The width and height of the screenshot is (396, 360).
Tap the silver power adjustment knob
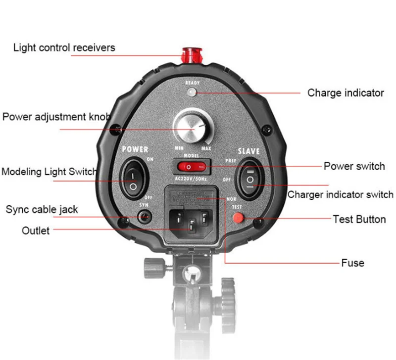point(191,127)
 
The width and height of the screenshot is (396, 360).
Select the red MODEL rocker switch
point(191,168)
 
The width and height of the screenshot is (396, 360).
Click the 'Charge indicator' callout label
point(346,92)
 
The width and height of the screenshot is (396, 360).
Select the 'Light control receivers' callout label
point(64,48)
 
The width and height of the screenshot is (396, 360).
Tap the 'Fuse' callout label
point(352,263)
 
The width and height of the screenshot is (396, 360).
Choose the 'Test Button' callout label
point(359,219)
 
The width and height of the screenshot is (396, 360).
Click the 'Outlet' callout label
point(36,230)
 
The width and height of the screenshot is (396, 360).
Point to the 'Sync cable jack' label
point(42,210)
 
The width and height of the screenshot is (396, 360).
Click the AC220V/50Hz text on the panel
point(191,179)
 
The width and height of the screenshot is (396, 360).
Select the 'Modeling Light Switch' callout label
point(49,172)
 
